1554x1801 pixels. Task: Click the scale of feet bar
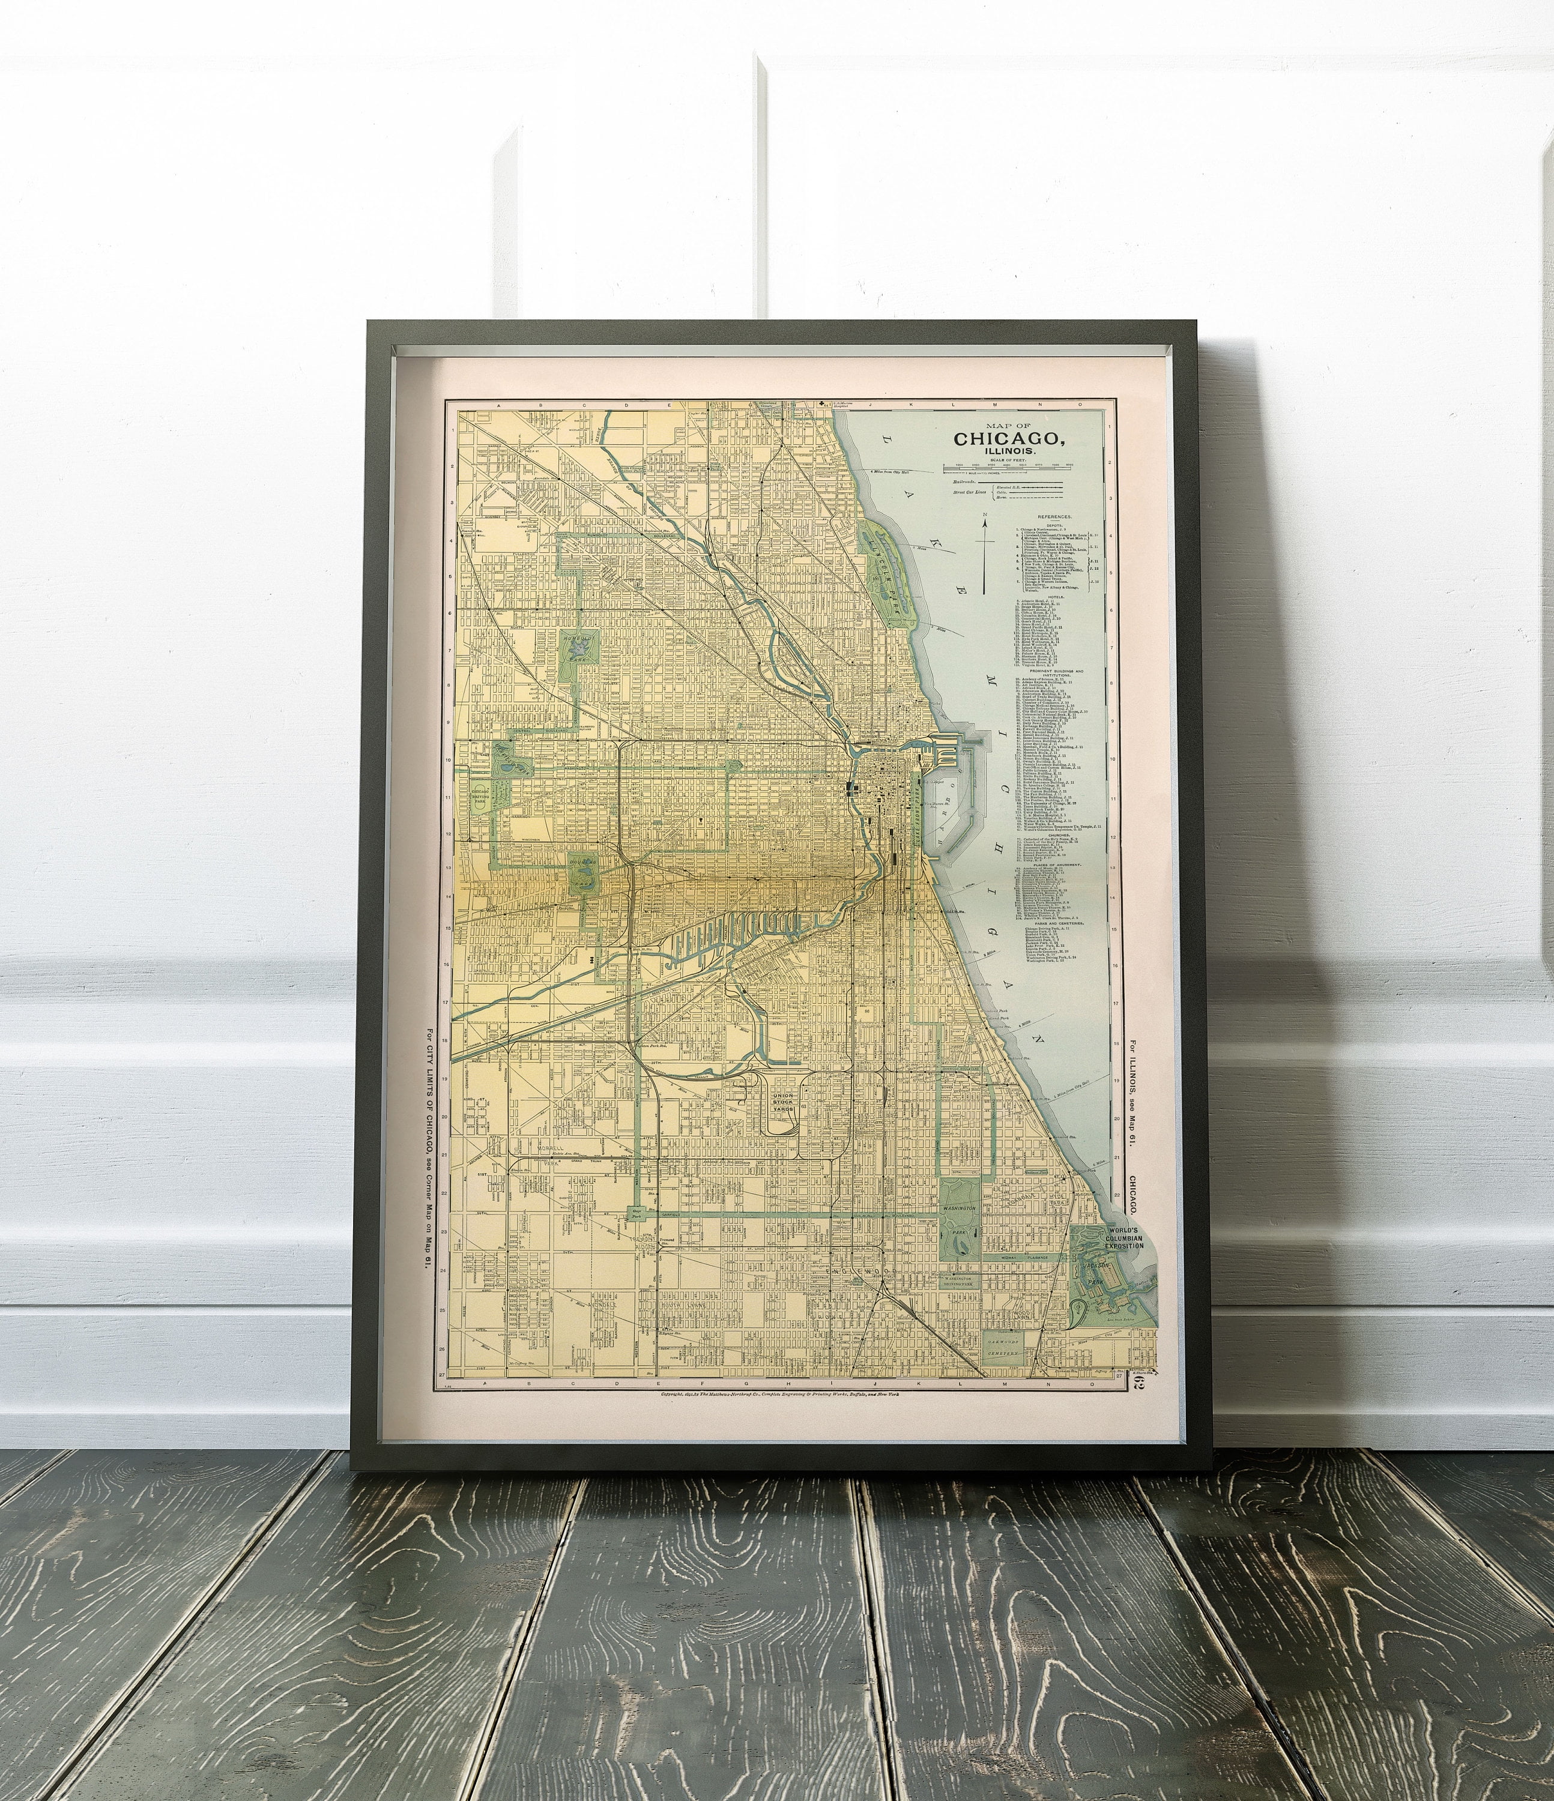pos(1007,468)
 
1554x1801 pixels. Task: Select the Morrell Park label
pos(551,1148)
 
